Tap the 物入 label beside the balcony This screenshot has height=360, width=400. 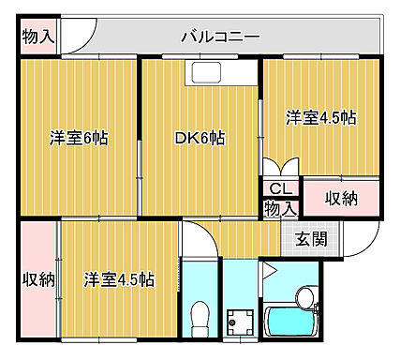pyautogui.click(x=37, y=37)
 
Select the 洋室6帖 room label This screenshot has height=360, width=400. pyautogui.click(x=79, y=139)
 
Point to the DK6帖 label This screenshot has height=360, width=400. pyautogui.click(x=200, y=139)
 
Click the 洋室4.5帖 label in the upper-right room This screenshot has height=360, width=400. pyautogui.click(x=320, y=118)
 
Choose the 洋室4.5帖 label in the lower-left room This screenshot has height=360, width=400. pyautogui.click(x=118, y=279)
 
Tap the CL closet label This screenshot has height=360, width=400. pyautogui.click(x=280, y=189)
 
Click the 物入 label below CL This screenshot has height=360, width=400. pyautogui.click(x=280, y=208)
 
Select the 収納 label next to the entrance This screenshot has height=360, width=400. pyautogui.click(x=341, y=199)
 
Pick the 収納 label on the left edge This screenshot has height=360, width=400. pyautogui.click(x=37, y=279)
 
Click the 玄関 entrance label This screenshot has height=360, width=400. pyautogui.click(x=312, y=238)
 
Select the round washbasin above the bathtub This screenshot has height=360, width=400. pyautogui.click(x=305, y=297)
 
